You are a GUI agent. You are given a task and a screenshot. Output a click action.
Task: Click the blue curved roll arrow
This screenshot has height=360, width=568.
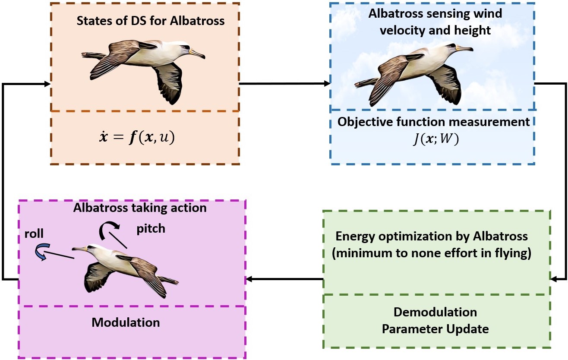click(41, 252)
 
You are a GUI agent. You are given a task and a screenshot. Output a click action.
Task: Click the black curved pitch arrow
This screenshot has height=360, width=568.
click(107, 230)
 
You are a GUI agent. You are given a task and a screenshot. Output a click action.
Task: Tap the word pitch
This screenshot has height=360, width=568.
click(151, 228)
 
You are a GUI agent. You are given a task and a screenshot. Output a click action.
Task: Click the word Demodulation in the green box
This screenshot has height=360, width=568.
click(435, 312)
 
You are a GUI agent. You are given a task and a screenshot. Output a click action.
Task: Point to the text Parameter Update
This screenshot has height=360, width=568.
click(435, 329)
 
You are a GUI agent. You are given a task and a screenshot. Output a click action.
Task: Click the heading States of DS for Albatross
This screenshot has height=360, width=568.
click(151, 21)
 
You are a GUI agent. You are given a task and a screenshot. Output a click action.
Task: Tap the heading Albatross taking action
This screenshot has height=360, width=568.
click(140, 208)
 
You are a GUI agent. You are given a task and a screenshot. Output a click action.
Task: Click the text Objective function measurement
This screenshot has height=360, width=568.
click(433, 122)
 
